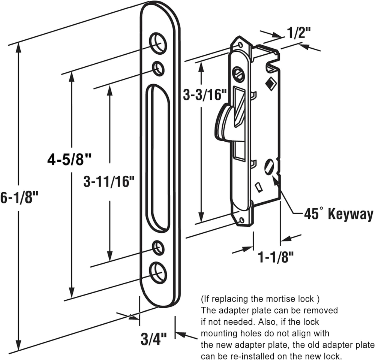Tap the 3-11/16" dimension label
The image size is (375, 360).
pos(109,182)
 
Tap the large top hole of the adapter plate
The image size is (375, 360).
pos(158,43)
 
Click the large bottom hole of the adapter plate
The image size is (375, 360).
pos(158,272)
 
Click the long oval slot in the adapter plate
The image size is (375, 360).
pos(158,157)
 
